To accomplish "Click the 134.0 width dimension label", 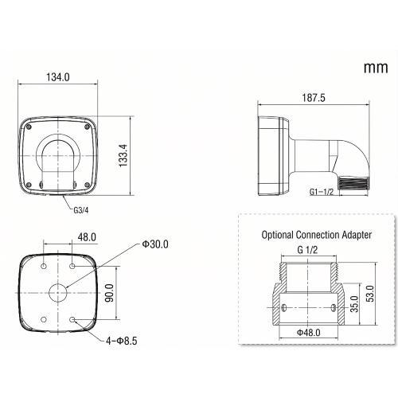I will [x=59, y=77].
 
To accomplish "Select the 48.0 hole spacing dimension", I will [x=87, y=236].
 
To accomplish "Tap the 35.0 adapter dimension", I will [x=353, y=305].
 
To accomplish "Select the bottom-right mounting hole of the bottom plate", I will [x=73, y=320].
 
